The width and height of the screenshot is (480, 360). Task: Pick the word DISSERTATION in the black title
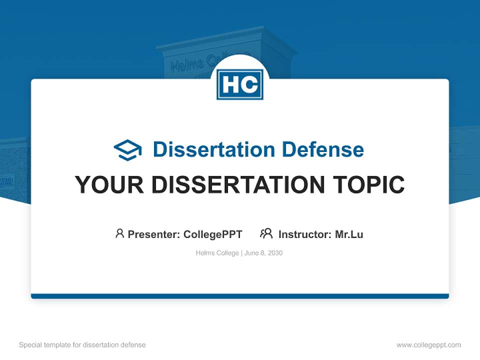[237, 185]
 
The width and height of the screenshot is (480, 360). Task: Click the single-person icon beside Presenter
[119, 233]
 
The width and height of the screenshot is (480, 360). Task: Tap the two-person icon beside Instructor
[266, 233]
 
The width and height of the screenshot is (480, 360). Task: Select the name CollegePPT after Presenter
[213, 234]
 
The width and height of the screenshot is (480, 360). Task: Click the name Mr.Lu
[349, 234]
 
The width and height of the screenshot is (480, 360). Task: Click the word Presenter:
[154, 234]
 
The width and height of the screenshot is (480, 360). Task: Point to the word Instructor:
[305, 234]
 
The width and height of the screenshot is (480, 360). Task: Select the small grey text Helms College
[217, 253]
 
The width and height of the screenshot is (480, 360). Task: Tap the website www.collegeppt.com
[428, 345]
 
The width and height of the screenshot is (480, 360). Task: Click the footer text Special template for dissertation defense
[82, 345]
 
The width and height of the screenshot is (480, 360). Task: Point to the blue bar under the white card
[240, 296]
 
